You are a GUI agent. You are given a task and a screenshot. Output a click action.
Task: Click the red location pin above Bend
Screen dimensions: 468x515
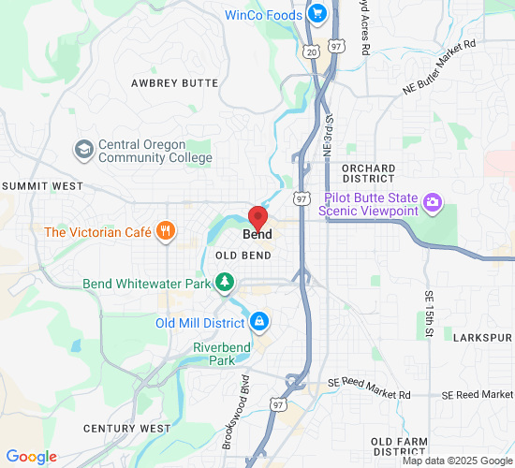click(x=257, y=213)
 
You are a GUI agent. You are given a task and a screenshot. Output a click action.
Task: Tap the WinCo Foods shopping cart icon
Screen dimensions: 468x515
click(x=317, y=14)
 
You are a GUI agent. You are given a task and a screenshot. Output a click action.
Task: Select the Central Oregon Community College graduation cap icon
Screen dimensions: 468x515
click(x=83, y=150)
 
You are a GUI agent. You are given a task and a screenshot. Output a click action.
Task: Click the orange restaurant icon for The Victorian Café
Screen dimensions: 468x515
click(x=166, y=231)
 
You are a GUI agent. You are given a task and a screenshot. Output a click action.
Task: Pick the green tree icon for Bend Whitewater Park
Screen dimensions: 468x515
click(x=224, y=282)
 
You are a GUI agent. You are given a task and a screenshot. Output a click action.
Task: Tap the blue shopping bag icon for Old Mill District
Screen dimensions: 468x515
click(x=259, y=323)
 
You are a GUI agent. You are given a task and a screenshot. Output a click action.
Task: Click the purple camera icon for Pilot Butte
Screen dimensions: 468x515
click(x=432, y=202)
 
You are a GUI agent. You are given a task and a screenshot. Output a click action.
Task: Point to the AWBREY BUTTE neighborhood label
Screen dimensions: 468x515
click(x=175, y=83)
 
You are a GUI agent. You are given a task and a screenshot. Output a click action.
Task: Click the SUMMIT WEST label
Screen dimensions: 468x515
click(x=42, y=186)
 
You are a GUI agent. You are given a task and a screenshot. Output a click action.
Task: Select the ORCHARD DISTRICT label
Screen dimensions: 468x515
click(x=368, y=172)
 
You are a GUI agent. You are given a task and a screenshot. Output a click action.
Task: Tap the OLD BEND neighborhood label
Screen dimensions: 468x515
click(x=243, y=256)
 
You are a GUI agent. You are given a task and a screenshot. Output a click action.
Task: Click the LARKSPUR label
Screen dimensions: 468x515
click(x=482, y=336)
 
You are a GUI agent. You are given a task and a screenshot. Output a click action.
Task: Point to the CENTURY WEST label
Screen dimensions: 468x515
click(x=126, y=428)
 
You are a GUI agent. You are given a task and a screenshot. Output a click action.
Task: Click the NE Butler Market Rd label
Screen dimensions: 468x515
click(x=439, y=66)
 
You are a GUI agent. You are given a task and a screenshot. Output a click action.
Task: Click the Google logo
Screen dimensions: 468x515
click(x=31, y=457)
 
